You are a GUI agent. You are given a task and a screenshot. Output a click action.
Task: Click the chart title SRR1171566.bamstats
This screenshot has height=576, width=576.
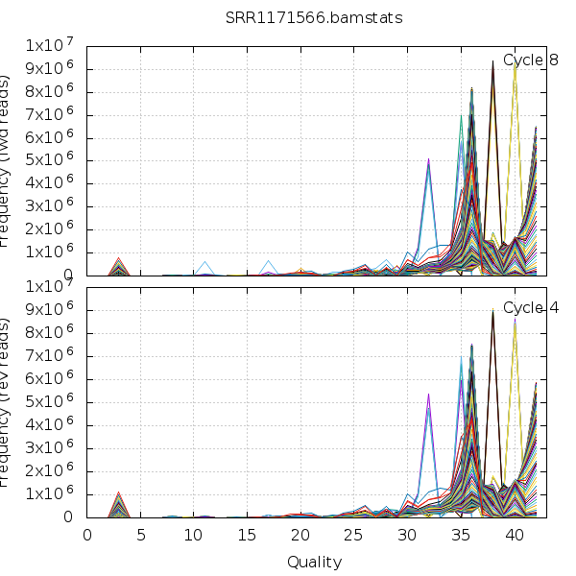click(x=287, y=18)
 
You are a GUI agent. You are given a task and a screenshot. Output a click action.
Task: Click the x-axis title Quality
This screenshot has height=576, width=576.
click(x=313, y=562)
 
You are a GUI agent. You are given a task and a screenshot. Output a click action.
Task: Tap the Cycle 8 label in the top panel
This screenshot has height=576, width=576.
click(x=531, y=60)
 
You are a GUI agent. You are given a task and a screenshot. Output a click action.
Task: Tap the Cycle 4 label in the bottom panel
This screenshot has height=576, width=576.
click(x=531, y=308)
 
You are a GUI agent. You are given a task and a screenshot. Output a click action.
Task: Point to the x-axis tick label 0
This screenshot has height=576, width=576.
click(x=87, y=536)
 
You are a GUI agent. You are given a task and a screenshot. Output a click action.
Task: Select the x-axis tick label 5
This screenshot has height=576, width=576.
click(x=141, y=536)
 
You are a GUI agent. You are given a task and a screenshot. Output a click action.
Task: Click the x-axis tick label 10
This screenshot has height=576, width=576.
click(x=194, y=536)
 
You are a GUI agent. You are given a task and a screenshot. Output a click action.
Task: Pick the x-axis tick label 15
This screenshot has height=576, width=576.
click(x=248, y=536)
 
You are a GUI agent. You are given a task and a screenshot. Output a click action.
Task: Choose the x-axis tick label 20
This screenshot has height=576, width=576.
click(x=300, y=536)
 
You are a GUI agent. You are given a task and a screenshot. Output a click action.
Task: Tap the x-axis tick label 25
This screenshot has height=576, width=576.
click(x=354, y=536)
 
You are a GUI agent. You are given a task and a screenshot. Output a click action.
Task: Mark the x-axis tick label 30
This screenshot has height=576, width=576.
click(x=407, y=536)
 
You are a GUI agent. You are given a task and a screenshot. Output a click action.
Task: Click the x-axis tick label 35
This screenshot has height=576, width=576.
click(x=461, y=536)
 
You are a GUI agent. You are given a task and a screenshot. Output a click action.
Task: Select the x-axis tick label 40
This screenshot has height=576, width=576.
click(x=515, y=536)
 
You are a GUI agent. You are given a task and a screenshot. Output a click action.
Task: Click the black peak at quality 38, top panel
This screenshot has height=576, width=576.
click(x=493, y=61)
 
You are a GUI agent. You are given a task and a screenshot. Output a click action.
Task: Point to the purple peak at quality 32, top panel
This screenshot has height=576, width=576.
click(x=428, y=158)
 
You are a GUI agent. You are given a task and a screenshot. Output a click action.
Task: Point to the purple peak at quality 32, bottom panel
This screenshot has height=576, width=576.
click(x=428, y=394)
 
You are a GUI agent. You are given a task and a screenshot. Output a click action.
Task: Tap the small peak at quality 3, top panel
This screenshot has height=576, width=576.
click(x=119, y=258)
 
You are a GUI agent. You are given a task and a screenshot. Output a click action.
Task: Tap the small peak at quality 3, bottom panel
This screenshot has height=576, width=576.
click(x=119, y=493)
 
